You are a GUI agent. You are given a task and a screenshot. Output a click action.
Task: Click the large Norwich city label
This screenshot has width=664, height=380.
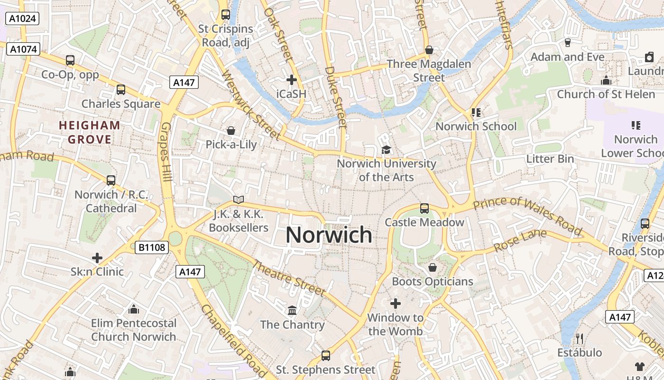coord(329,235)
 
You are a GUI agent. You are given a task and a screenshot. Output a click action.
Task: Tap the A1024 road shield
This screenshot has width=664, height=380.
coord(22,19)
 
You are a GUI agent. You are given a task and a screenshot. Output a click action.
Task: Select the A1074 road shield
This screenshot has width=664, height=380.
coord(23,49)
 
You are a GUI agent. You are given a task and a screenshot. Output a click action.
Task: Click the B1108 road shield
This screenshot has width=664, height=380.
coord(152,247)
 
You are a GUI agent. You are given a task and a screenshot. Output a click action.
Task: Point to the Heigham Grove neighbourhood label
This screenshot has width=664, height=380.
coord(90,133)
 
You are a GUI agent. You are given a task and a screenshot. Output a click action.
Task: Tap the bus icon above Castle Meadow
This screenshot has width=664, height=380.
coord(424,208)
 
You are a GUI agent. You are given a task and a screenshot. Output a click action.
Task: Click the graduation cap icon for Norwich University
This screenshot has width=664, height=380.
coord(386,150)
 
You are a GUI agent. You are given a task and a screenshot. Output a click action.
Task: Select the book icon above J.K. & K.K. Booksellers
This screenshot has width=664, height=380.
coord(239,200)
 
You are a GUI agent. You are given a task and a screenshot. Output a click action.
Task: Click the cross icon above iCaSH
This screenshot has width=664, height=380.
coord(292,80)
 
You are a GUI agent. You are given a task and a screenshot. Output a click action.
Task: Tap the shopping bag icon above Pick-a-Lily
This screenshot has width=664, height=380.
coord(231,130)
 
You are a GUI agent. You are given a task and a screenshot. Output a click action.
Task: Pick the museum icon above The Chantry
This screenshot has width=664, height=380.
coord(292,310)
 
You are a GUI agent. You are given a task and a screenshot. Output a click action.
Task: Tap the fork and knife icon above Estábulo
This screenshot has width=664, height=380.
coord(579,338)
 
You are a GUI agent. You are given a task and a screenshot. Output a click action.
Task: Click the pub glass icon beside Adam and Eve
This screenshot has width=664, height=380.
coord(568,43)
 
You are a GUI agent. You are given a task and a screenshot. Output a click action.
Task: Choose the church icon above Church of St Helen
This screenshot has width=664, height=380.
coord(606,80)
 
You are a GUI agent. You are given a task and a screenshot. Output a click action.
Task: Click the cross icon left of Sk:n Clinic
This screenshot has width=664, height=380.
coord(97,258)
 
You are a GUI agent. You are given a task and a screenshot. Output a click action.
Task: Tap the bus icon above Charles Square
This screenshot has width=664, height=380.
coord(121,89)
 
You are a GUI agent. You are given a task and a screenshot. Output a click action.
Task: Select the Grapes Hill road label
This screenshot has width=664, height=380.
coord(166,152)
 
